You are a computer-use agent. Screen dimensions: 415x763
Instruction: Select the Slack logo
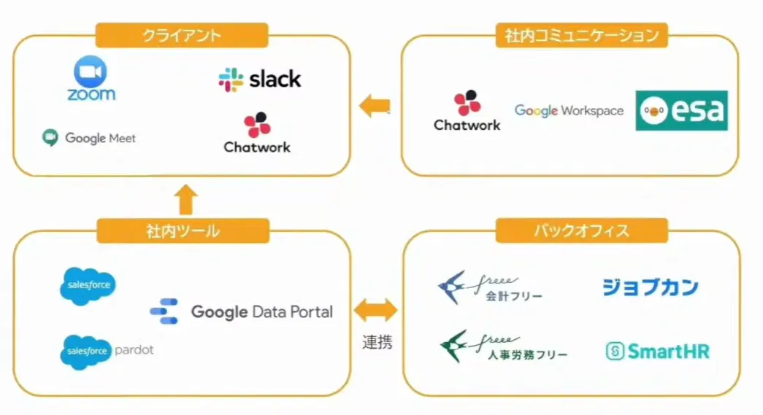260,79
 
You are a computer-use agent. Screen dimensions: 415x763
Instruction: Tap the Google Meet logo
88,138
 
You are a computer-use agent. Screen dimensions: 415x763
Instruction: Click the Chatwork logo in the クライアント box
257,133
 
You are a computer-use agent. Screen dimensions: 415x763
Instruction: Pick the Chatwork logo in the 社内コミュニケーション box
467,111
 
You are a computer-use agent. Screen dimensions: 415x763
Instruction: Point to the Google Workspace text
569,111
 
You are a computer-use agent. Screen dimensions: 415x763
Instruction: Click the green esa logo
681,110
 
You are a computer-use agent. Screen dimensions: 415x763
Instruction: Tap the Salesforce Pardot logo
107,351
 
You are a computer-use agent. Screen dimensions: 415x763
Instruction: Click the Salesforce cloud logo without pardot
88,284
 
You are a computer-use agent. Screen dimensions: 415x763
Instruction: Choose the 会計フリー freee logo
489,286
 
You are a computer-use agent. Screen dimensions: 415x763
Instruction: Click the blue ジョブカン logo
650,287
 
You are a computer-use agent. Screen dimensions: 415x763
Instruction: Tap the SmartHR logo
657,352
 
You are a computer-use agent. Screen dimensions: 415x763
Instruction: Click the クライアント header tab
182,35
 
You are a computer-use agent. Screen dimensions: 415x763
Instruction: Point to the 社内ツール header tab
182,232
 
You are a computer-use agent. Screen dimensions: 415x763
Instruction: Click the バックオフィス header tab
581,232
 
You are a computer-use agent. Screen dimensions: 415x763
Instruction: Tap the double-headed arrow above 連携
376,311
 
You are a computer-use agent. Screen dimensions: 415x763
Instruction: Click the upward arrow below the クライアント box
187,198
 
